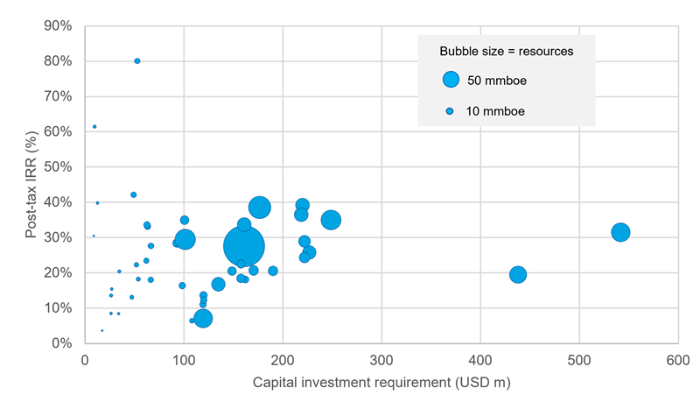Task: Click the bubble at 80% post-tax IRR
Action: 137,61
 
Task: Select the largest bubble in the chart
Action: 244,246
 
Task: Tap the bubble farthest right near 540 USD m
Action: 620,232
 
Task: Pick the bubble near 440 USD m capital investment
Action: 518,274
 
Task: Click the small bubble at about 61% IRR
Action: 94,127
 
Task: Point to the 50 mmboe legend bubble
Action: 451,80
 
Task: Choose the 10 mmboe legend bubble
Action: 450,111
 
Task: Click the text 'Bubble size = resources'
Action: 506,52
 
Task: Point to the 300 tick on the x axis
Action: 381,360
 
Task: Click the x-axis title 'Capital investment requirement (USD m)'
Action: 381,384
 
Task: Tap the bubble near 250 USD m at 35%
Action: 331,220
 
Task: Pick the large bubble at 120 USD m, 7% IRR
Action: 203,318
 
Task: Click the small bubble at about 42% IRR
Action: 134,195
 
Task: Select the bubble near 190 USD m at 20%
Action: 273,271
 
